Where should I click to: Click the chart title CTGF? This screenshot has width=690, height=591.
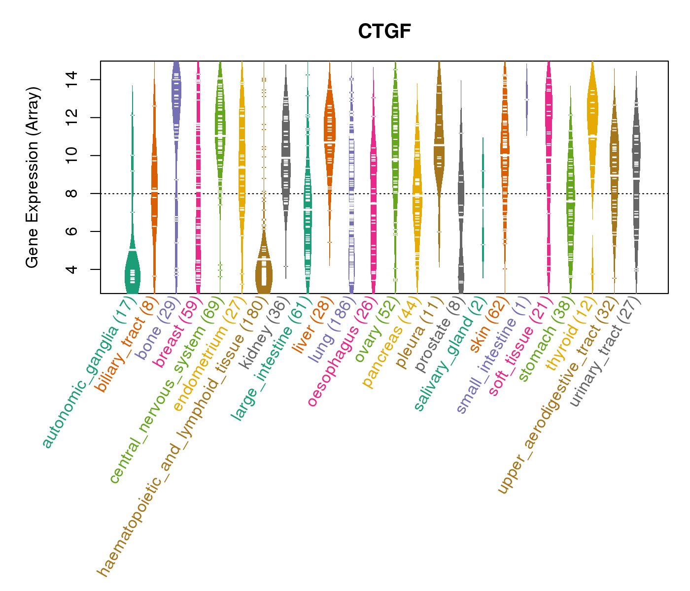coord(384,32)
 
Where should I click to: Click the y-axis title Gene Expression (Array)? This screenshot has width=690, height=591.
coord(33,177)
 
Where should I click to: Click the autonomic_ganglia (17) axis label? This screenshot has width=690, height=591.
coord(87,374)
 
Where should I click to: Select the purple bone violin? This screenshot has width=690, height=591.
coord(176,89)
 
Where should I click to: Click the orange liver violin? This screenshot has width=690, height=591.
coord(330,123)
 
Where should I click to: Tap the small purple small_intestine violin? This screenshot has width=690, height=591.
coord(526,98)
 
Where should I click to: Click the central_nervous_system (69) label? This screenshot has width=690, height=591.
coord(163,389)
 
